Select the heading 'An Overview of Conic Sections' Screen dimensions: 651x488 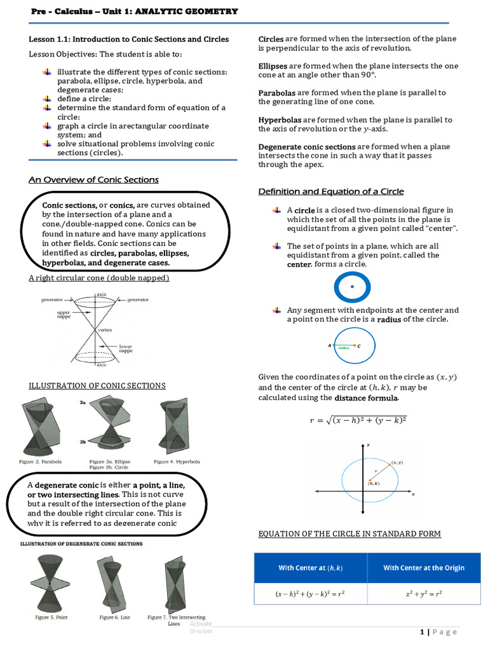[93, 180]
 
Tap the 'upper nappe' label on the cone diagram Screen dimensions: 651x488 [64, 316]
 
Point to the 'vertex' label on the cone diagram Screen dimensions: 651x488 [105, 331]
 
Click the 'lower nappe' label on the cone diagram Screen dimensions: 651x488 [125, 348]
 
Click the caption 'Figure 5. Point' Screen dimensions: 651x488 [51, 617]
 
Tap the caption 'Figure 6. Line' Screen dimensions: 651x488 [112, 617]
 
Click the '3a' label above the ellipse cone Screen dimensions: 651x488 [83, 402]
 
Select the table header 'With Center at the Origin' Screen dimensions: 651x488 [424, 568]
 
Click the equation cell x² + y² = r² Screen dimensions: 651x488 [424, 594]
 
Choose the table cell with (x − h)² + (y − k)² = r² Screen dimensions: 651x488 [310, 594]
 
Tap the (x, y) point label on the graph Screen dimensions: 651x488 [398, 462]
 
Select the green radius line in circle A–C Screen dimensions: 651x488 [344, 346]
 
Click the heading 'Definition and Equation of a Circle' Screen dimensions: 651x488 [330, 191]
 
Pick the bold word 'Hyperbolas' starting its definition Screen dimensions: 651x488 [280, 120]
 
